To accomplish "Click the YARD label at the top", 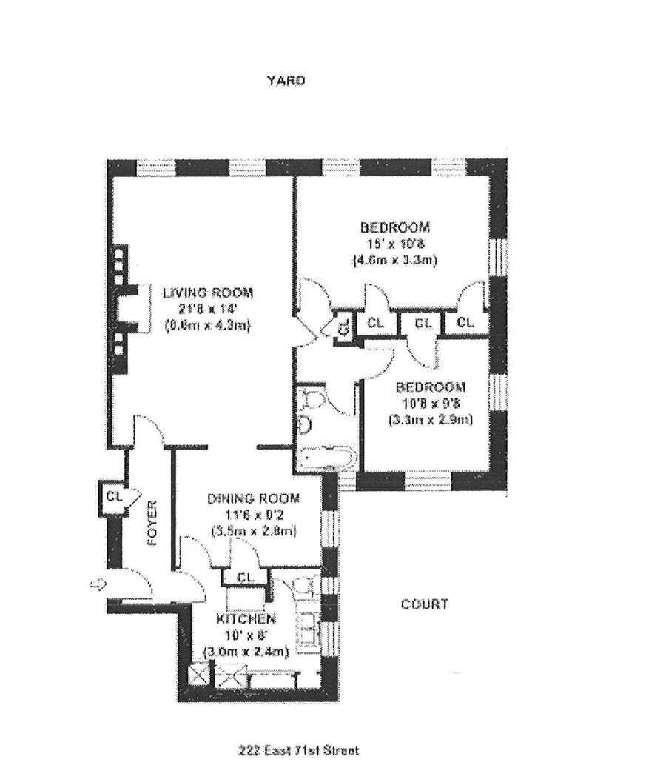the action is click(x=286, y=81).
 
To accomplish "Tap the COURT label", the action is click(x=424, y=604).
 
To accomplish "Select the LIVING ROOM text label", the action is click(x=208, y=292).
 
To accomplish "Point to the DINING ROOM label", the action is click(x=253, y=498).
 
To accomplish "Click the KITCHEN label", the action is click(x=246, y=619).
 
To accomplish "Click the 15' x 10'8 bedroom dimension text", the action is click(x=394, y=244).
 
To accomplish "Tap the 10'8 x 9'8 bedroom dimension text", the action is click(x=430, y=404).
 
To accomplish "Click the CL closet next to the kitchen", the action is click(x=246, y=578).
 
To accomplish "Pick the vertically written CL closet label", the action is click(x=344, y=326).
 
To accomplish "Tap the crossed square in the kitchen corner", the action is click(x=197, y=675).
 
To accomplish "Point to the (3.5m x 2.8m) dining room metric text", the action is click(x=253, y=531).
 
